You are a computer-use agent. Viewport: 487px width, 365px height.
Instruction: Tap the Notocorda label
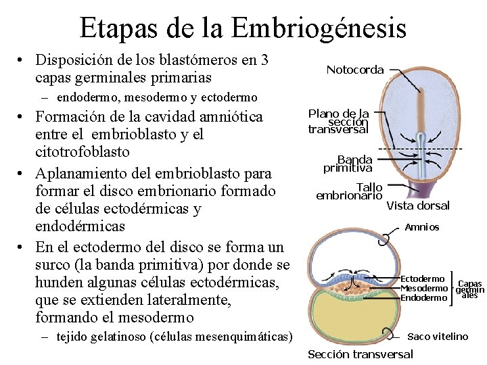coord(354,70)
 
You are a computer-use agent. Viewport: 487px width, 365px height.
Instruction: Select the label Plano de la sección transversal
coord(338,122)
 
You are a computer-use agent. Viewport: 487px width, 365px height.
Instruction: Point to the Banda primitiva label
coord(348,164)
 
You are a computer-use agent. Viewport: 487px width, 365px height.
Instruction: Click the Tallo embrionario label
coord(349,191)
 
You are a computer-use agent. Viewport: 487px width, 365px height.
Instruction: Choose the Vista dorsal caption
coord(417,205)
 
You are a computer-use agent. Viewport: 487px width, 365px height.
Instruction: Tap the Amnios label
coord(421,227)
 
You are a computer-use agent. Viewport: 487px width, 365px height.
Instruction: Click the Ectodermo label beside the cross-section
coord(423,278)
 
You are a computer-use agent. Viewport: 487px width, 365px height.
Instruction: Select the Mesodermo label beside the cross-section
coord(424,288)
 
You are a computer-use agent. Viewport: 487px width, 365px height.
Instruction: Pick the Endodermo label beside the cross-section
coord(424,297)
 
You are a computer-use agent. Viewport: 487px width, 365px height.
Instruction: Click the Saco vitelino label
coord(438,336)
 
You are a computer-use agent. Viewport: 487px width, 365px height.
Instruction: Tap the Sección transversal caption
coord(360,354)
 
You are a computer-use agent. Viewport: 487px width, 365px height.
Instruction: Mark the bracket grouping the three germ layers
coord(452,289)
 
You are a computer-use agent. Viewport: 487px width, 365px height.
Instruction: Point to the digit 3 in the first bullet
coord(264,59)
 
